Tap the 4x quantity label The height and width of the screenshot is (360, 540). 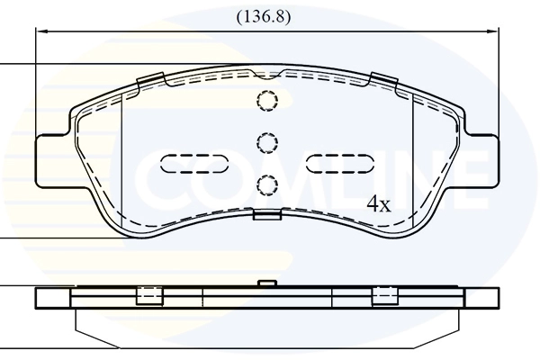pos(379,204)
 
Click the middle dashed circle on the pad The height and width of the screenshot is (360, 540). pos(267,142)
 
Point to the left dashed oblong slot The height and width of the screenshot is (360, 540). pos(193,164)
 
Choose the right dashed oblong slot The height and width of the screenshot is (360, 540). pos(339,164)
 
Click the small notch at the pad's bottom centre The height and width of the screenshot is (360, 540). pos(267,214)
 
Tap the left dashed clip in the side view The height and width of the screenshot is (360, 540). pos(148,295)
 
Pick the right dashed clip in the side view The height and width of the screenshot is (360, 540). pos(385,295)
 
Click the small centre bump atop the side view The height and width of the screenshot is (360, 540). pos(265,283)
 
